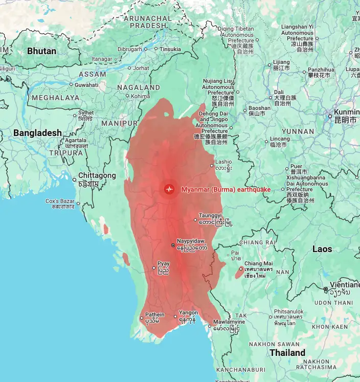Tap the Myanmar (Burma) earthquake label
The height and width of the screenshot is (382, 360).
pyautogui.click(x=226, y=189)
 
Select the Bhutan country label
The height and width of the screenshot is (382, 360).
pyautogui.click(x=42, y=51)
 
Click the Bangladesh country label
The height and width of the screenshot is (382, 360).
pyautogui.click(x=37, y=133)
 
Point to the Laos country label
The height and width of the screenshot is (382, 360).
pyautogui.click(x=322, y=249)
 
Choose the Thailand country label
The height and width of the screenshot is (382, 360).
pyautogui.click(x=287, y=353)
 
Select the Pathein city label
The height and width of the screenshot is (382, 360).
pyautogui.click(x=155, y=314)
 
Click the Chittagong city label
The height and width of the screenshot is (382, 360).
pyautogui.click(x=97, y=175)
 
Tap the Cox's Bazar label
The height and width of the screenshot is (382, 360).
pyautogui.click(x=60, y=201)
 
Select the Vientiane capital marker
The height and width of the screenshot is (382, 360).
pyautogui.click(x=326, y=289)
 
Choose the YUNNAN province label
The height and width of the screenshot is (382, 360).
pyautogui.click(x=298, y=131)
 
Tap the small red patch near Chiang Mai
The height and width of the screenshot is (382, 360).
pyautogui.click(x=239, y=272)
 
